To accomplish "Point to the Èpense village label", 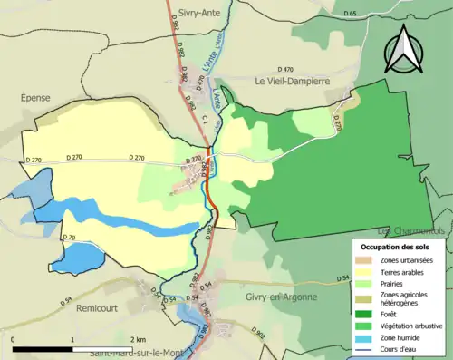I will (36, 97).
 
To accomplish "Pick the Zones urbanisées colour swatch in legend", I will (367, 260).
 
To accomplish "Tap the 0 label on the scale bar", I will (14, 338).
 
